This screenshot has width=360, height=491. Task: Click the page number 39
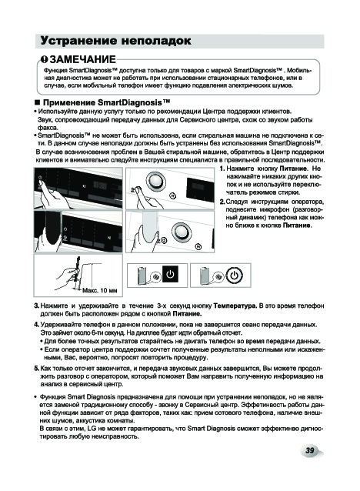(309, 450)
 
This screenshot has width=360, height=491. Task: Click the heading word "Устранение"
(78, 41)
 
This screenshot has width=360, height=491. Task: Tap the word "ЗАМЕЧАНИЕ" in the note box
(82, 59)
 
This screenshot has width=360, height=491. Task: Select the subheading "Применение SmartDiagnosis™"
(106, 102)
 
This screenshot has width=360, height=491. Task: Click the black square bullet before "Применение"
(38, 103)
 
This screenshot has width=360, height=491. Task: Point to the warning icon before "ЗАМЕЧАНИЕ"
(45, 59)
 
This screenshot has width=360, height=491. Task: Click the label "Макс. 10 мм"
(100, 291)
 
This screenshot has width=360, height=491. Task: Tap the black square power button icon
(170, 275)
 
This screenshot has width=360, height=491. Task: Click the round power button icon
(234, 276)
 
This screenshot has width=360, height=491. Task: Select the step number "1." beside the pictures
(222, 169)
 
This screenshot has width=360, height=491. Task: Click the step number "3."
(37, 306)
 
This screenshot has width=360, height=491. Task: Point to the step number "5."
(37, 368)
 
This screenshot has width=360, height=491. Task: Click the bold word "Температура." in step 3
(235, 306)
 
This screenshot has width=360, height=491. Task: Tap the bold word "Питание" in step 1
(293, 169)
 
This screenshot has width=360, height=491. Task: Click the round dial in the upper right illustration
(155, 182)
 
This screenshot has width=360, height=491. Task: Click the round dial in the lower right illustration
(182, 232)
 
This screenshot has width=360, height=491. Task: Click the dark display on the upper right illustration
(200, 189)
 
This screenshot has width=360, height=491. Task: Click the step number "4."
(37, 325)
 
